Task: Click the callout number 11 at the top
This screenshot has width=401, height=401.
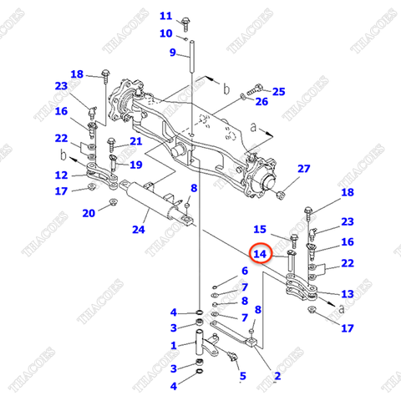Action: pyautogui.click(x=165, y=16)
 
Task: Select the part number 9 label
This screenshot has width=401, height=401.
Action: pyautogui.click(x=173, y=53)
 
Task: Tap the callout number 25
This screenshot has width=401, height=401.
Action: pyautogui.click(x=278, y=91)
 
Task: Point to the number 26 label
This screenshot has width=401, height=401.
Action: pyautogui.click(x=261, y=102)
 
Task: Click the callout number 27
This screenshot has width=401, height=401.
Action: pyautogui.click(x=303, y=169)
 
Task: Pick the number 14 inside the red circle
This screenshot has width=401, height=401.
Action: pyautogui.click(x=260, y=253)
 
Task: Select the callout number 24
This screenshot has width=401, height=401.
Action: pyautogui.click(x=140, y=226)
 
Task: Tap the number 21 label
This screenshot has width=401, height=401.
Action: pyautogui.click(x=136, y=141)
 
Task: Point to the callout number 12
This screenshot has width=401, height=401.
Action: pyautogui.click(x=62, y=175)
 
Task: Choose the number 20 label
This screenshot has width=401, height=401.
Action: pyautogui.click(x=88, y=213)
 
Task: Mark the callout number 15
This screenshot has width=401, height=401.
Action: pyautogui.click(x=259, y=229)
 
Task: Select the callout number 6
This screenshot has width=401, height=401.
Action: pyautogui.click(x=244, y=271)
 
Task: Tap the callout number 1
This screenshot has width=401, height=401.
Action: pyautogui.click(x=173, y=346)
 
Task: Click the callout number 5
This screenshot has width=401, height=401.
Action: pyautogui.click(x=242, y=376)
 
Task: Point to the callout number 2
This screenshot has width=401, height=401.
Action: pyautogui.click(x=277, y=376)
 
